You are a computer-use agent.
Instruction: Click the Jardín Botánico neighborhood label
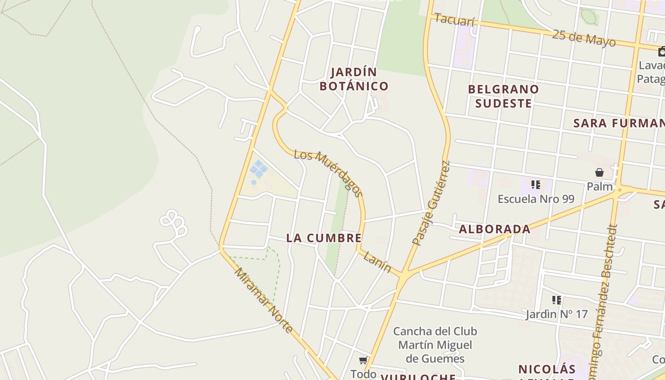click(354, 79)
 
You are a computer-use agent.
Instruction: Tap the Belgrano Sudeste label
click(503, 96)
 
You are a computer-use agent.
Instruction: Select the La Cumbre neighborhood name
click(324, 238)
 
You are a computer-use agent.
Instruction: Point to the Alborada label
click(494, 229)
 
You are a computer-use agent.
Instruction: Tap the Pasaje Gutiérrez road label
click(431, 203)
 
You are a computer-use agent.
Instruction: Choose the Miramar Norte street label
click(264, 300)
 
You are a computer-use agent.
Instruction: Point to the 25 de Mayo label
click(584, 38)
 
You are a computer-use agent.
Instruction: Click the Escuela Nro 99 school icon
click(536, 184)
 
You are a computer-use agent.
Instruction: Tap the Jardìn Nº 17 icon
click(557, 300)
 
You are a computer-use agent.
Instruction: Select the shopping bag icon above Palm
click(599, 172)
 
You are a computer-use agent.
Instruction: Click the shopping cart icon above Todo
click(363, 361)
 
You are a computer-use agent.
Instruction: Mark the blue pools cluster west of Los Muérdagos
click(258, 169)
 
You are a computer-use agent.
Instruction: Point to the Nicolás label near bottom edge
click(547, 369)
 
